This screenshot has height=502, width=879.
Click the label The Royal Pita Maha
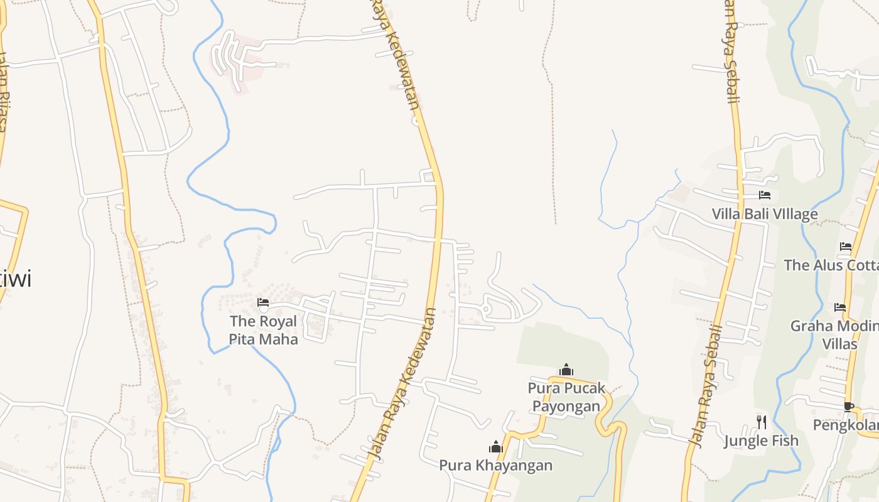tap(263, 330)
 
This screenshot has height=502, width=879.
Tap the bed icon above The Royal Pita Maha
tap(263, 302)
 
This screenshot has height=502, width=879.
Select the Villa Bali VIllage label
tap(765, 214)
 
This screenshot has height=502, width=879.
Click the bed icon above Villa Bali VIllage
tap(765, 195)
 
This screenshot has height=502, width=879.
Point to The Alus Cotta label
tap(831, 265)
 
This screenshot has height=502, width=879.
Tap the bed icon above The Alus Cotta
tap(846, 247)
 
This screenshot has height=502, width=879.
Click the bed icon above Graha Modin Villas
tap(840, 307)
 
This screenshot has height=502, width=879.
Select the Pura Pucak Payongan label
tap(566, 397)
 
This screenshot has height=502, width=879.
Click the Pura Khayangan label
tap(496, 465)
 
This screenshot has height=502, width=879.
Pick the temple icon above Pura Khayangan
tap(496, 447)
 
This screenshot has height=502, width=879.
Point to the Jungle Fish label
tap(761, 441)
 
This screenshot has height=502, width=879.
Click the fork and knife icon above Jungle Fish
tap(761, 422)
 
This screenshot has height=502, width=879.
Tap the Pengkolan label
tap(845, 425)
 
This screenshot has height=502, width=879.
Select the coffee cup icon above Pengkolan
tap(849, 407)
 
